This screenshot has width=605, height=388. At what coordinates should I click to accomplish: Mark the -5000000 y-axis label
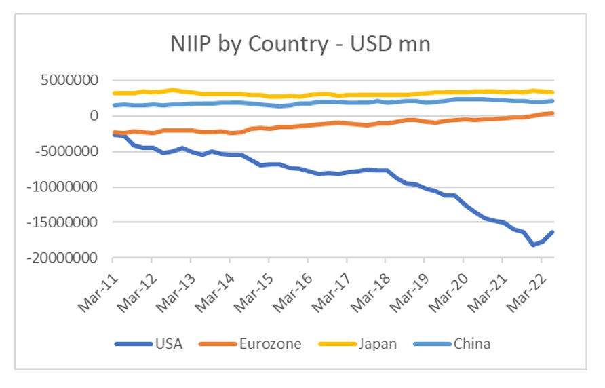[75, 152]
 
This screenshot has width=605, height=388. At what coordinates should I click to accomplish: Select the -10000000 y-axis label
[71, 187]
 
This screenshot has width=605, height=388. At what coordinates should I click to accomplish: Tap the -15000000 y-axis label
[71, 222]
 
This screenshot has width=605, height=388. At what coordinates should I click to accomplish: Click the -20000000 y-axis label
[71, 258]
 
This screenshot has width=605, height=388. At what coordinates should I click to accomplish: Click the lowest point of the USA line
[533, 245]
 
